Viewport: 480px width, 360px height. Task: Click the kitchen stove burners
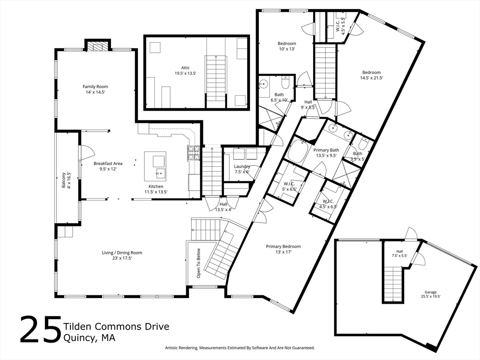click(194, 153)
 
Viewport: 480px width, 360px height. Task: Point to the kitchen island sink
click(160, 173)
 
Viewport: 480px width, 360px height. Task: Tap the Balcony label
click(64, 180)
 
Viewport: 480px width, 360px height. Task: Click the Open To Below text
click(199, 263)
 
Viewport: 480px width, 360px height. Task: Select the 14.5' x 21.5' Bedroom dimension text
click(371, 78)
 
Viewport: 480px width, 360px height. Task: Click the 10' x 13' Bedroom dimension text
click(287, 49)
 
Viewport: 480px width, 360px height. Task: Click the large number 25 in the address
click(41, 329)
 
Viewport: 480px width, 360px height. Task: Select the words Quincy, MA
click(90, 338)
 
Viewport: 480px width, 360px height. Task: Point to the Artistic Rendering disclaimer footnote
click(240, 348)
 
